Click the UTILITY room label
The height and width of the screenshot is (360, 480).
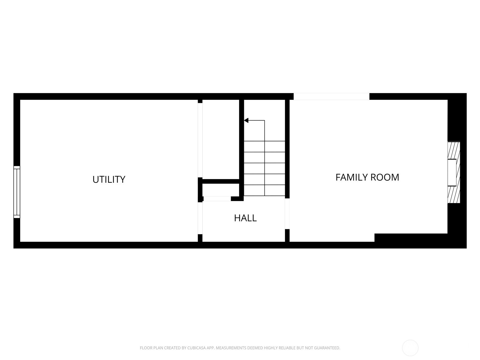tap(109, 179)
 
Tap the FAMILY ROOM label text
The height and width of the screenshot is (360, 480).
tap(367, 177)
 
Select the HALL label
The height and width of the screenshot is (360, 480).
tap(245, 218)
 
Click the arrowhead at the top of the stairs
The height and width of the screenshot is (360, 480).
tap(246, 121)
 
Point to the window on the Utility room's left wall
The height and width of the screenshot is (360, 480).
tap(17, 192)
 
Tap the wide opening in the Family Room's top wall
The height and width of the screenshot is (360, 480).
tap(331, 96)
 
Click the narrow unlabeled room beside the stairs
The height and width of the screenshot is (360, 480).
tap(220, 139)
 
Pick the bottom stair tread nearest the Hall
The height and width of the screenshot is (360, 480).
tap(264, 190)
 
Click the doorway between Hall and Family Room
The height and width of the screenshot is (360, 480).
tap(287, 214)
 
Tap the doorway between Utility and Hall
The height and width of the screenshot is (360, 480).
tap(200, 218)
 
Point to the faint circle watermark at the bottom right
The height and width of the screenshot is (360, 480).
tap(410, 348)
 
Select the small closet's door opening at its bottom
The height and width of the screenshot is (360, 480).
tap(217, 199)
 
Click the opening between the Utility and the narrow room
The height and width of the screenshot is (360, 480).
tap(200, 139)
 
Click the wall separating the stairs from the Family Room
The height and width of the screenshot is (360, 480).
tap(287, 148)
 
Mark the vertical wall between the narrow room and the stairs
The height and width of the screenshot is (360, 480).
tap(241, 139)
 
